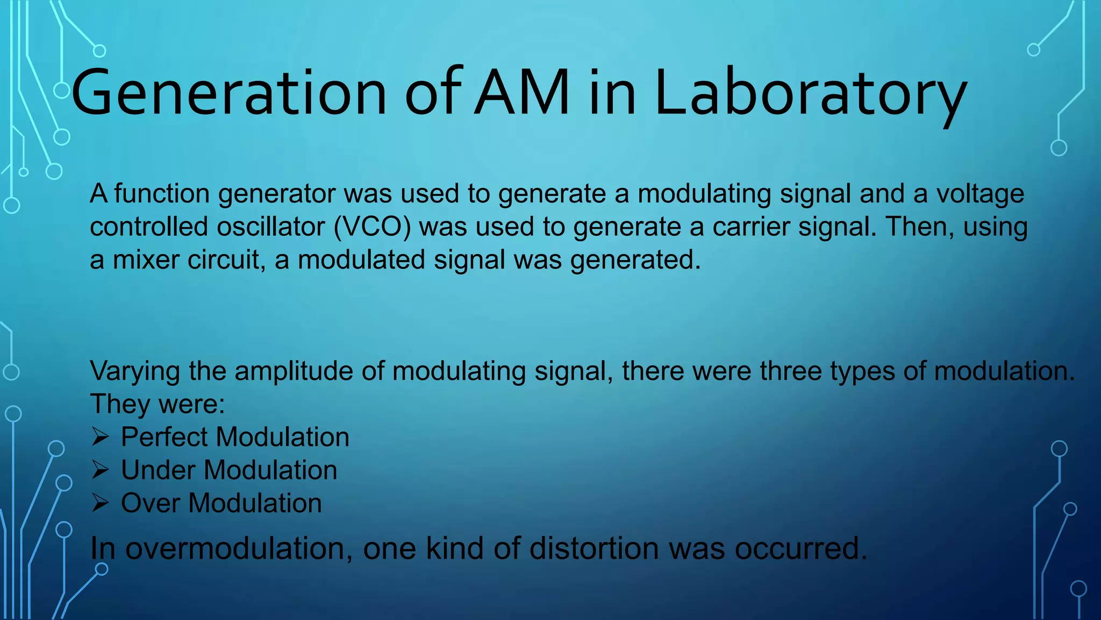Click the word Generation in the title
click(228, 93)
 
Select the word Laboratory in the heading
click(811, 93)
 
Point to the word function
click(161, 194)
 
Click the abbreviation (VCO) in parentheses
click(372, 227)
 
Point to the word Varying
click(134, 371)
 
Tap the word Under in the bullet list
click(158, 470)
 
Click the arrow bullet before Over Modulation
click(100, 503)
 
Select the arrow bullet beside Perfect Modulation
click(100, 437)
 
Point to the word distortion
click(594, 549)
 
